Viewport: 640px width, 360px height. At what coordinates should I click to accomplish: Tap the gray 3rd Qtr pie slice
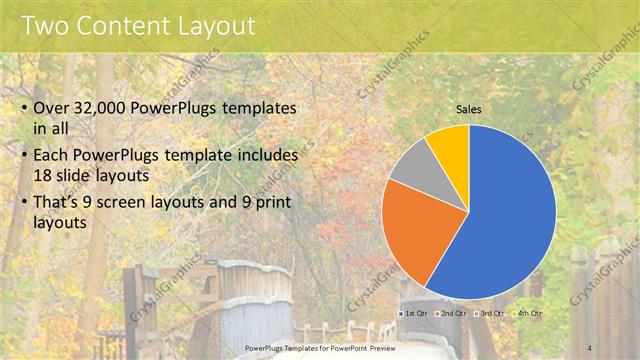(x=411, y=168)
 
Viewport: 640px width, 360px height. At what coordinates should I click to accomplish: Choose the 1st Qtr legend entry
(x=413, y=314)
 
